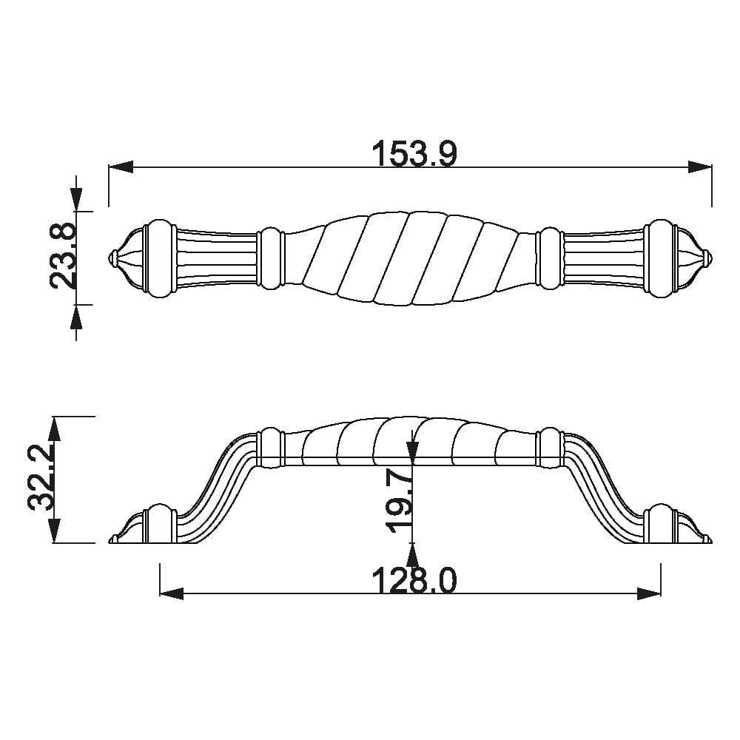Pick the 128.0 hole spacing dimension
coord(414,582)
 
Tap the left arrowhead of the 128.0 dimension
coord(172,593)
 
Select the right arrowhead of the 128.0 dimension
coord(649,593)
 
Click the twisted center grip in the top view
coord(411,258)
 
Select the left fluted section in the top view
coord(217,258)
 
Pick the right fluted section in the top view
coord(604,258)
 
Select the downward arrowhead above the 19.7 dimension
coord(412,448)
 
